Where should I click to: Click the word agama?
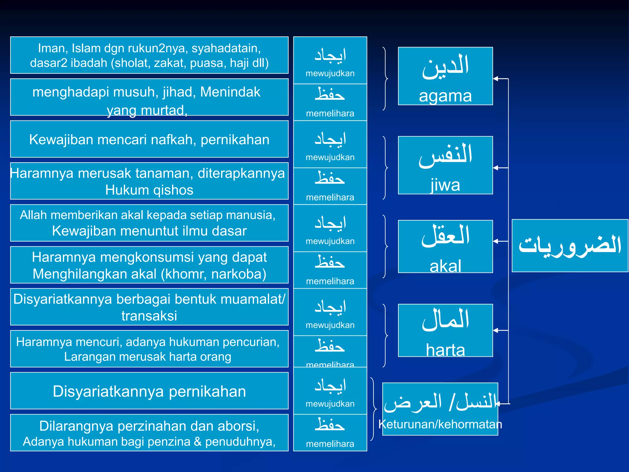445,96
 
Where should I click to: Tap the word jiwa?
445,185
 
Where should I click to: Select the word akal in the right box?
445,266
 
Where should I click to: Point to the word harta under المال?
445,350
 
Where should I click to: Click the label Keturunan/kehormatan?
440,424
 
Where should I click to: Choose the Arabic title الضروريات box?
570,246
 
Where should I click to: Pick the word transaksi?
149,316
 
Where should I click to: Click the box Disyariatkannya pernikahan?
149,391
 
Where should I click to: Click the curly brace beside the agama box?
385,79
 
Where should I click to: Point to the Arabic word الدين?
445,66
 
